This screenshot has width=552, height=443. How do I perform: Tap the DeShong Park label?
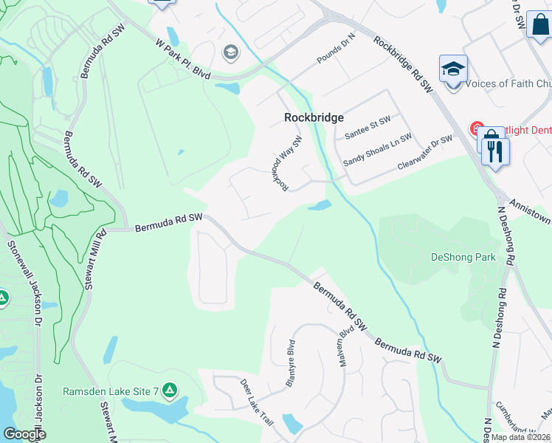tap(463, 258)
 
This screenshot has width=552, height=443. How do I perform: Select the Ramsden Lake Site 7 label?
tap(111, 391)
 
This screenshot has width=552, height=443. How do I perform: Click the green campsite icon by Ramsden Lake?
tap(170, 389)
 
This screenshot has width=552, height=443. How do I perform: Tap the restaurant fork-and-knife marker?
tap(494, 151)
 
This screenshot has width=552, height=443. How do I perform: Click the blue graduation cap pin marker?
tap(453, 69)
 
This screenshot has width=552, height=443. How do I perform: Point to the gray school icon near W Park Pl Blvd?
tap(230, 52)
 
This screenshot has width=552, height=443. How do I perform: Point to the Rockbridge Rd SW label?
tap(403, 65)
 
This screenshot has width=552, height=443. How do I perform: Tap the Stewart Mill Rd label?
tap(94, 262)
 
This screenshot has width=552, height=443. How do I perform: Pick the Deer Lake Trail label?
tap(257, 402)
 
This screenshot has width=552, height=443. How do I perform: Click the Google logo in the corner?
tap(24, 434)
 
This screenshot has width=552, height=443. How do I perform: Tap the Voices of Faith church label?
tap(505, 84)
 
